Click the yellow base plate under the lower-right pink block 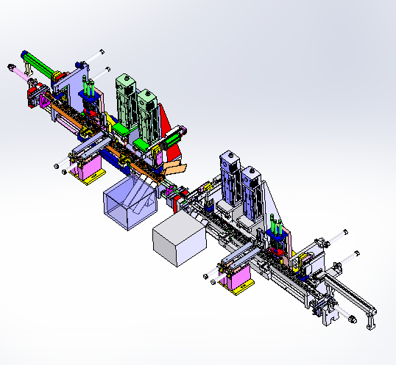click(x=240, y=290)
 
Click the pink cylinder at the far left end click(x=13, y=70)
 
